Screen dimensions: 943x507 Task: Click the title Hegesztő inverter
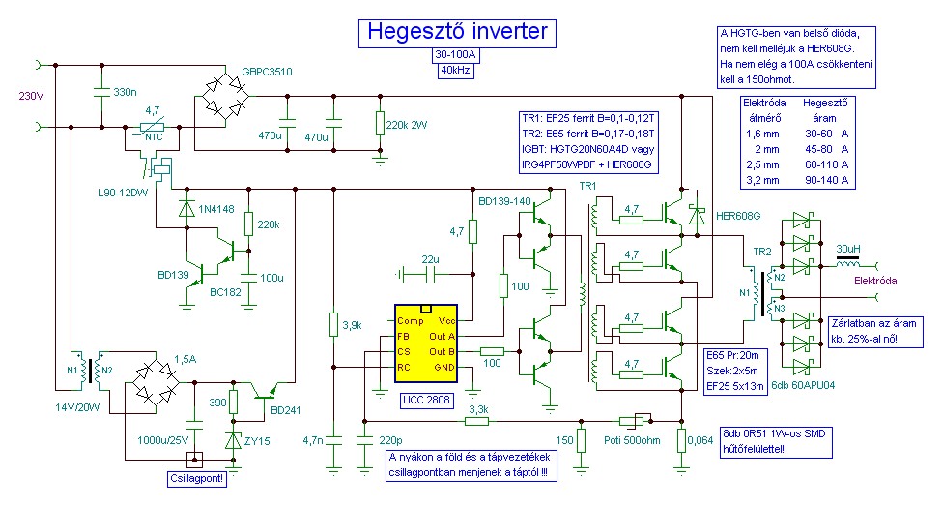coord(457,31)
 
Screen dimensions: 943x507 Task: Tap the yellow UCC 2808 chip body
coord(426,343)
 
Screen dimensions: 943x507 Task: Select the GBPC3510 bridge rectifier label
coord(267,72)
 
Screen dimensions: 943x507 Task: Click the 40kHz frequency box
coord(456,71)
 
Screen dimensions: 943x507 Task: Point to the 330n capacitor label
coord(125,92)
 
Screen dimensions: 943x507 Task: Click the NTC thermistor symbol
coord(152,127)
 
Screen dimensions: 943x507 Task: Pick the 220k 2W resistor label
coord(407,125)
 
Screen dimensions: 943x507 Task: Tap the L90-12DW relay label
coord(123,194)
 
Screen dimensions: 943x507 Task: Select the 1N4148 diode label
coord(216,209)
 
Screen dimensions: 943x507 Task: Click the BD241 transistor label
coord(286,410)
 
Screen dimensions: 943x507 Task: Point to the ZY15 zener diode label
coord(257,441)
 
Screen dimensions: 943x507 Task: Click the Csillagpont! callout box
coord(197,479)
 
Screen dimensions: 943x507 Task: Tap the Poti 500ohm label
coord(632,440)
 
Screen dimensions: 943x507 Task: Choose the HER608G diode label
coord(738,216)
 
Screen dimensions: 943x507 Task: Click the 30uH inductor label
coord(848,249)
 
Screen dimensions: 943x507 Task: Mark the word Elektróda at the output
coord(875,281)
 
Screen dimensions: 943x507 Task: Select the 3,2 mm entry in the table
coord(762,180)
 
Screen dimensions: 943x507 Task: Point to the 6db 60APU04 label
coord(803,385)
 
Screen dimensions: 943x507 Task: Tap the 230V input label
coord(31,96)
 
